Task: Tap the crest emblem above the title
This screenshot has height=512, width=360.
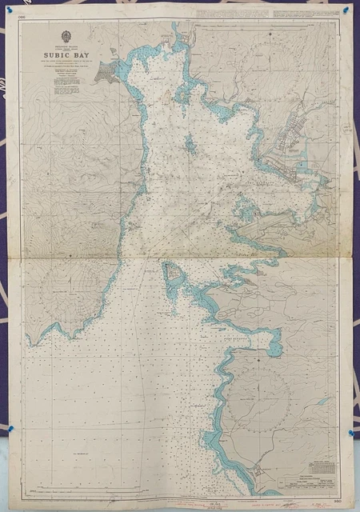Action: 66,38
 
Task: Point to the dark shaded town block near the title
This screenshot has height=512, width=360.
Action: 105,74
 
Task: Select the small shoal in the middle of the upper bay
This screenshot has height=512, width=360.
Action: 190,145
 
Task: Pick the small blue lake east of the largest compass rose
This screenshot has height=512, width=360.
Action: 323,401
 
